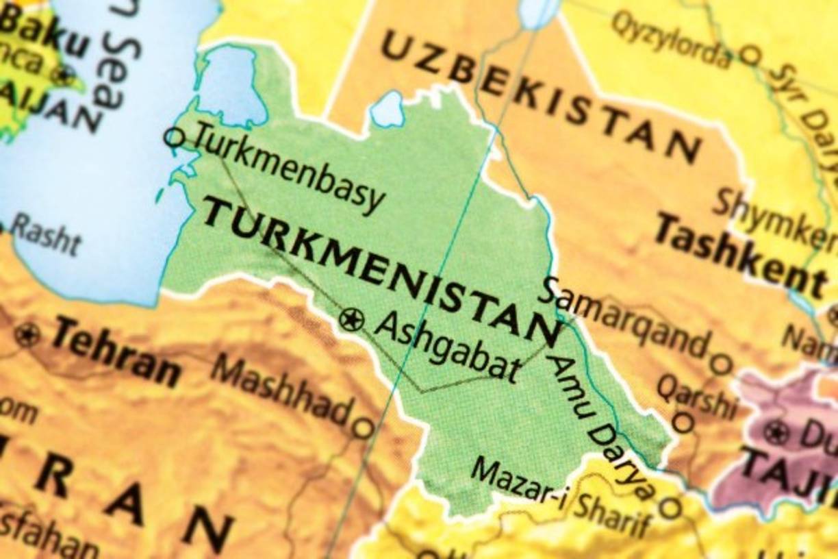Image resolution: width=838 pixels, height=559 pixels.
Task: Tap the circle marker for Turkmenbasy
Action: (x=174, y=138)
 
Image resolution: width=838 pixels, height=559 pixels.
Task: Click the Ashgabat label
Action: (x=446, y=348)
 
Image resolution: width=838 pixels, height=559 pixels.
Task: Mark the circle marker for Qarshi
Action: (x=683, y=422)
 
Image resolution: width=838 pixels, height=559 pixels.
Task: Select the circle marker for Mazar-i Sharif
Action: (x=670, y=508)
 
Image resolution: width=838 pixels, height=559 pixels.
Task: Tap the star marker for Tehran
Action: (x=27, y=335)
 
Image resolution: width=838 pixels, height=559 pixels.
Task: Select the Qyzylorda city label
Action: (x=671, y=39)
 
